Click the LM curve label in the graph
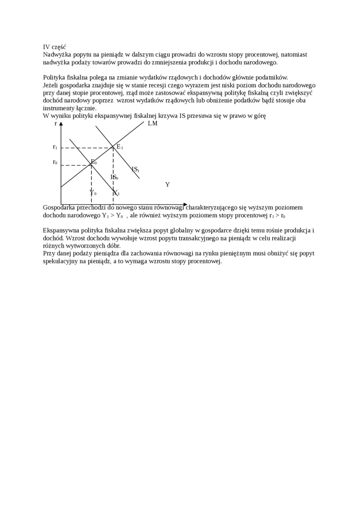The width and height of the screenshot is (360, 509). click(153, 124)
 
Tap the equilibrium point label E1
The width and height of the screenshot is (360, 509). click(119, 147)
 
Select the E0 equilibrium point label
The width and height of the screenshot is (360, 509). click(93, 162)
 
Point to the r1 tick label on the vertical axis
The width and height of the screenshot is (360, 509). click(55, 147)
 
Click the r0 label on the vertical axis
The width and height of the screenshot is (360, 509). click(55, 162)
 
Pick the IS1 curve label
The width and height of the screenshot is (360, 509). click(135, 169)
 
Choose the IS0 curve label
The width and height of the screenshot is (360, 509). click(114, 177)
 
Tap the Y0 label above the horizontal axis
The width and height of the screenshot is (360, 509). click(93, 193)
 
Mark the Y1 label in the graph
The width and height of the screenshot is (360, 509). click(116, 193)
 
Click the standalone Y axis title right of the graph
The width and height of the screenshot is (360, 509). click(167, 185)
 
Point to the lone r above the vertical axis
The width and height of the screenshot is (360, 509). click(56, 123)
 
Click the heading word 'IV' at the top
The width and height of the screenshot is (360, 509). click(46, 47)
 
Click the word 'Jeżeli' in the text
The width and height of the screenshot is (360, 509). click(52, 85)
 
